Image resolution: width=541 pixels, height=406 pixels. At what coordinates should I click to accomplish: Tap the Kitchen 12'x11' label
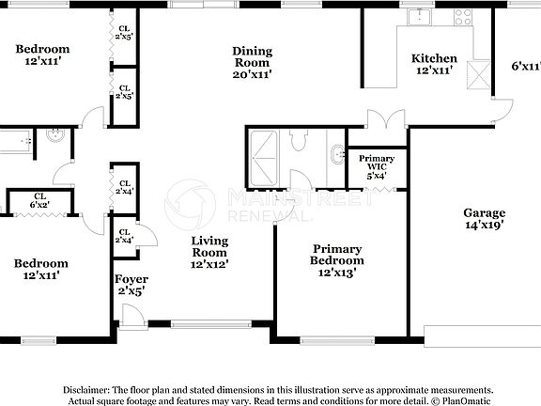coord(435,64)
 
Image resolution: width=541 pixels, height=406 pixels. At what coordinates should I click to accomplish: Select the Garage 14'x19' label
coord(484,219)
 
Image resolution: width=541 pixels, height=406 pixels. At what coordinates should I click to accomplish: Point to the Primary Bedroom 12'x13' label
coord(338,259)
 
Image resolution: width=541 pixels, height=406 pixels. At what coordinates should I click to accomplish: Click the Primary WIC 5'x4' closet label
coord(377,166)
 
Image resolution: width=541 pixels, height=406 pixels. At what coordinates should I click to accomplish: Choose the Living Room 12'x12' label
coord(209,252)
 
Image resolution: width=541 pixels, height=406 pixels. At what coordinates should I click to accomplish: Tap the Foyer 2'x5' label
coord(131,286)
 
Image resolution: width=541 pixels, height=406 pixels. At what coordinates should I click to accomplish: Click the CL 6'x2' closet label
coord(39,204)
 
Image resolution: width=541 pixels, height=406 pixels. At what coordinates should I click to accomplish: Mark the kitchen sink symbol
coord(416,16)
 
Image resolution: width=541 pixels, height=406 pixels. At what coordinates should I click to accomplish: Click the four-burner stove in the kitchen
coord(464,16)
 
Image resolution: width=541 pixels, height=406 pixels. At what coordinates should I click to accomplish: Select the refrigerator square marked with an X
coord(480,74)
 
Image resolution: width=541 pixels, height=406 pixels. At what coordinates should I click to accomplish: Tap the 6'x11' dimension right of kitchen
coord(526,66)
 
